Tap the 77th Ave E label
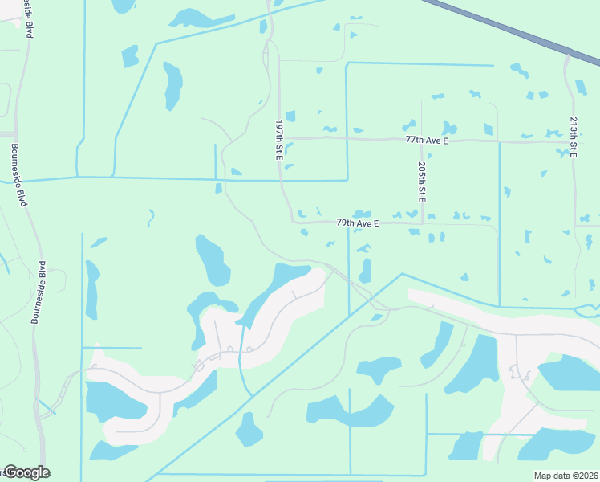pyautogui.click(x=427, y=140)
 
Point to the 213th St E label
pyautogui.click(x=573, y=137)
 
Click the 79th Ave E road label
pyautogui.click(x=358, y=222)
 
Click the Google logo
pyautogui.click(x=26, y=472)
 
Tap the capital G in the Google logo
pyautogui.click(x=10, y=472)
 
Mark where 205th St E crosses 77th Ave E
pyautogui.click(x=421, y=140)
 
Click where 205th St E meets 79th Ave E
pyautogui.click(x=422, y=223)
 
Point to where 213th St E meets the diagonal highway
pyautogui.click(x=568, y=55)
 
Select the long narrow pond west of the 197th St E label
pyautogui.click(x=172, y=85)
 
